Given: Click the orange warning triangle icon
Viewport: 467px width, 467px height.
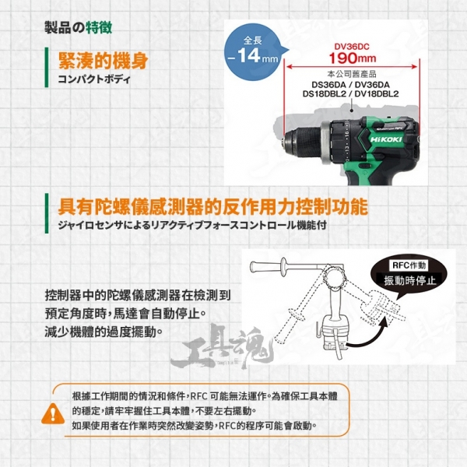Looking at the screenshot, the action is [x=53, y=414].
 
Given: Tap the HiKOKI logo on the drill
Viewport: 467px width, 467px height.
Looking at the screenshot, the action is [x=386, y=139].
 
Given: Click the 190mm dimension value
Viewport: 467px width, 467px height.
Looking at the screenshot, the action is [x=353, y=58].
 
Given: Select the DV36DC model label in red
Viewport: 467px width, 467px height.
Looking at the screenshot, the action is [x=352, y=47].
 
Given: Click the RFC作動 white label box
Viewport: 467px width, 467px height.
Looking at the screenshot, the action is [x=409, y=265].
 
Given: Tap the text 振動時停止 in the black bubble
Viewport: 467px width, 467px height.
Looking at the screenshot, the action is [x=410, y=280].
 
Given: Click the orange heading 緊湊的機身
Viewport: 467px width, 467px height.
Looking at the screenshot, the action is [x=103, y=61].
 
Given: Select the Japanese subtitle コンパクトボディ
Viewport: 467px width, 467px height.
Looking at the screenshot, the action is [x=94, y=79].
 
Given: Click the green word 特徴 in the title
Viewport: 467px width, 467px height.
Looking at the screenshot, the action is [x=99, y=28].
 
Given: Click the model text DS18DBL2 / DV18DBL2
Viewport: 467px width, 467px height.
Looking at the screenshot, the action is [x=350, y=94].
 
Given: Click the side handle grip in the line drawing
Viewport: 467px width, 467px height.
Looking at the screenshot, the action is [x=267, y=265].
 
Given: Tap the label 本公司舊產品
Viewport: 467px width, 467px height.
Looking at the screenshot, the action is [x=352, y=74].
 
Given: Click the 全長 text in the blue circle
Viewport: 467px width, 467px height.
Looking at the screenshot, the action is [x=252, y=40].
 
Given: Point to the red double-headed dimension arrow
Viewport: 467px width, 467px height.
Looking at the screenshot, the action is [x=352, y=67].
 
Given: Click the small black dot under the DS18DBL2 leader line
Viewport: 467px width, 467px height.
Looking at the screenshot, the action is [x=352, y=111].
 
